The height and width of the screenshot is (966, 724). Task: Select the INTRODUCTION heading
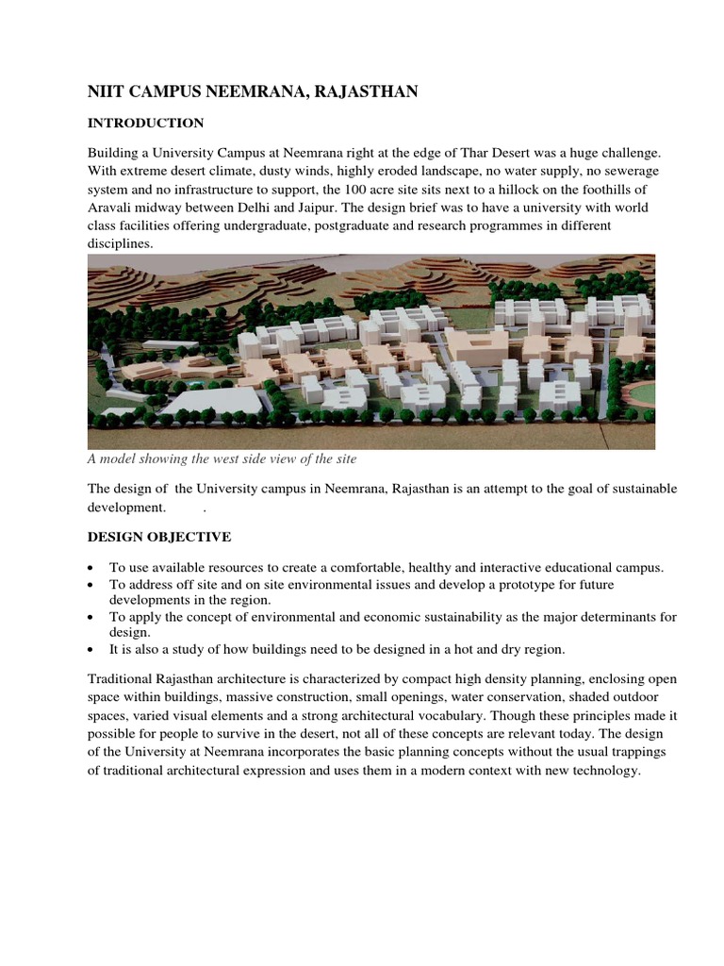(146, 123)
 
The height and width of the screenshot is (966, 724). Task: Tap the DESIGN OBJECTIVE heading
(158, 537)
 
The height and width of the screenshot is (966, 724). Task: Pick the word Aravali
(111, 208)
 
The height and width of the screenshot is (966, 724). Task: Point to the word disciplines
(120, 243)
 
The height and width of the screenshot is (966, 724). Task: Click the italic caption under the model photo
(222, 459)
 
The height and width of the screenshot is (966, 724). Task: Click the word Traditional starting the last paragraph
(121, 680)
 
